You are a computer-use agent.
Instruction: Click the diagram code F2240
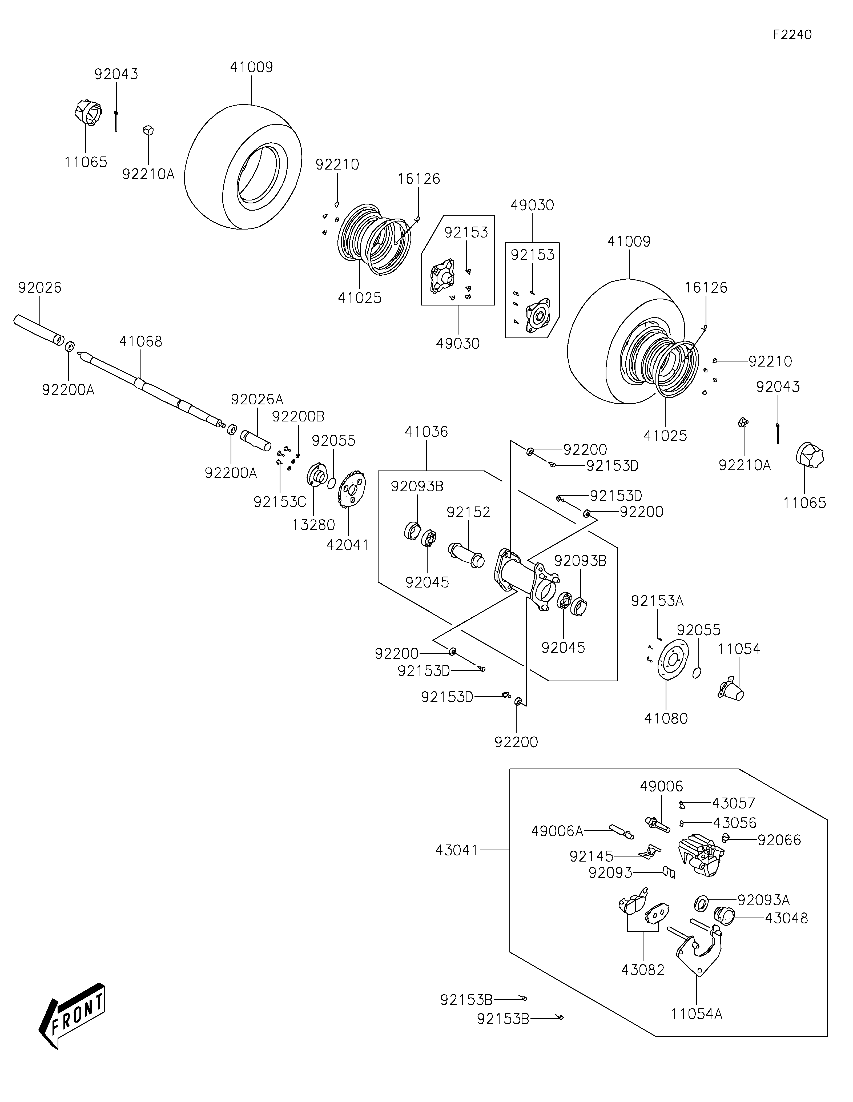(x=792, y=35)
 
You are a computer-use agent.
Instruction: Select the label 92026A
(x=257, y=400)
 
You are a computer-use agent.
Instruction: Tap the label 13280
(x=313, y=525)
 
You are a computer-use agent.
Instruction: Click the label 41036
(x=426, y=432)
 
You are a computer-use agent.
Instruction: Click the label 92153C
(x=280, y=502)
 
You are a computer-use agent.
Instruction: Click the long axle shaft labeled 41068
(x=151, y=389)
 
